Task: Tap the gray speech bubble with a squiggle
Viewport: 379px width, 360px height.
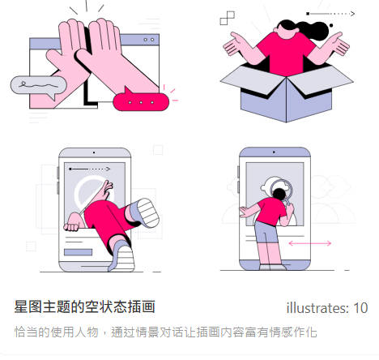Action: click(38, 86)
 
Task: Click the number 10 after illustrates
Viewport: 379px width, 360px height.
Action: click(360, 308)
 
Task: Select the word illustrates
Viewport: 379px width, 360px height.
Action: click(317, 308)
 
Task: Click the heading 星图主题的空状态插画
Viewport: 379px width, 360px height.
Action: click(84, 306)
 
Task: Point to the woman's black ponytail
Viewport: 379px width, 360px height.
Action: click(313, 30)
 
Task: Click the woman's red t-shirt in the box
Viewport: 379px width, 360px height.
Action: click(286, 54)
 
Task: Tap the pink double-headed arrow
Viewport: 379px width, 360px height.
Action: click(310, 243)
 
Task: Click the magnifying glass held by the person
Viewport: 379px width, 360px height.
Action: click(283, 191)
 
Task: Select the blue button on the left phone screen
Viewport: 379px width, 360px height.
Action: click(78, 252)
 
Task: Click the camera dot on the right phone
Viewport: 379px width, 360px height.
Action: click(274, 152)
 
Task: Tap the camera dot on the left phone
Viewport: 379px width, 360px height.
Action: click(94, 152)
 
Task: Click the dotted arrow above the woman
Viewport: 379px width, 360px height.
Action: click(330, 14)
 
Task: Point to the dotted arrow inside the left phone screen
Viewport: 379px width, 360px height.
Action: click(90, 169)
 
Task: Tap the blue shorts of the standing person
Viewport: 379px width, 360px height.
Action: click(266, 233)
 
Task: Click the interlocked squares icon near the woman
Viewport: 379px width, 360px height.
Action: click(228, 18)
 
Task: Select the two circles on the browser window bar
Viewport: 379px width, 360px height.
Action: click(149, 40)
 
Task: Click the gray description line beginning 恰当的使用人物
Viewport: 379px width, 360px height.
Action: click(165, 332)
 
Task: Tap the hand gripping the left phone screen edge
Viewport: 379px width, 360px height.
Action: click(72, 223)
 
